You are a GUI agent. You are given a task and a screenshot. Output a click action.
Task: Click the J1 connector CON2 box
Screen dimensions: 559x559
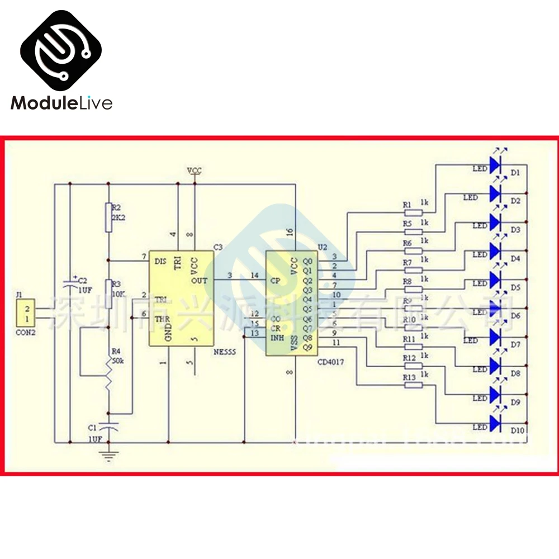[x=25, y=314]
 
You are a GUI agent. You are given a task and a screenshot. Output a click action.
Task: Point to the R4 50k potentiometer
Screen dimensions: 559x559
[x=110, y=376]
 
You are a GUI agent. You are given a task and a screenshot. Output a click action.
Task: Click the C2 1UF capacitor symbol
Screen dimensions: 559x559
[x=70, y=285]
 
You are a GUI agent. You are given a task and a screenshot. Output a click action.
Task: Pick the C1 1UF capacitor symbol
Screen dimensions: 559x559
[x=110, y=426]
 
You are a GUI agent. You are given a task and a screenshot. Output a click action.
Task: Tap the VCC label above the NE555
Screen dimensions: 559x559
[x=195, y=170]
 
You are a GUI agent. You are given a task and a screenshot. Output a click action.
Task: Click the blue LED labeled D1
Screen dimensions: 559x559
[x=495, y=164]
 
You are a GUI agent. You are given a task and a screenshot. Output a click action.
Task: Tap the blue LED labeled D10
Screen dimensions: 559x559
[x=495, y=423]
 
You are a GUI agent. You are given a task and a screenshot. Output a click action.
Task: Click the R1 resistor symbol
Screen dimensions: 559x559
[x=414, y=212]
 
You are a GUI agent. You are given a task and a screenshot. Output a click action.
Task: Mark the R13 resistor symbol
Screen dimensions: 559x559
[x=414, y=386]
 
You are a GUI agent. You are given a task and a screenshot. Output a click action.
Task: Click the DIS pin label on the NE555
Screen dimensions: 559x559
[x=160, y=261]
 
